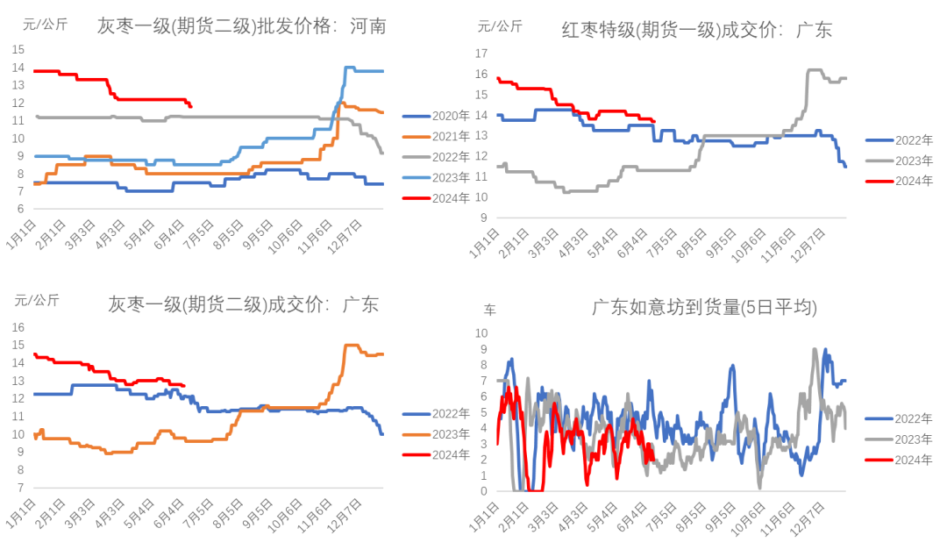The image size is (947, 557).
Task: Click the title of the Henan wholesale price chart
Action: point(241,26)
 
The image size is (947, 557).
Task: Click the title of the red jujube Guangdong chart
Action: point(697,30)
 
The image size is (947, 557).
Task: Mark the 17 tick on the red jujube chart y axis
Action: point(481,54)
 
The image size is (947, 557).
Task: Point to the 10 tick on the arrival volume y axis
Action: point(481,332)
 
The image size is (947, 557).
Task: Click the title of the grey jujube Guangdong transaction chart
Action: point(243,305)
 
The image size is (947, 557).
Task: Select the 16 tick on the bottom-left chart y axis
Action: point(17,326)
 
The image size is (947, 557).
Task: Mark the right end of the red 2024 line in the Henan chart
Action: point(191,106)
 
